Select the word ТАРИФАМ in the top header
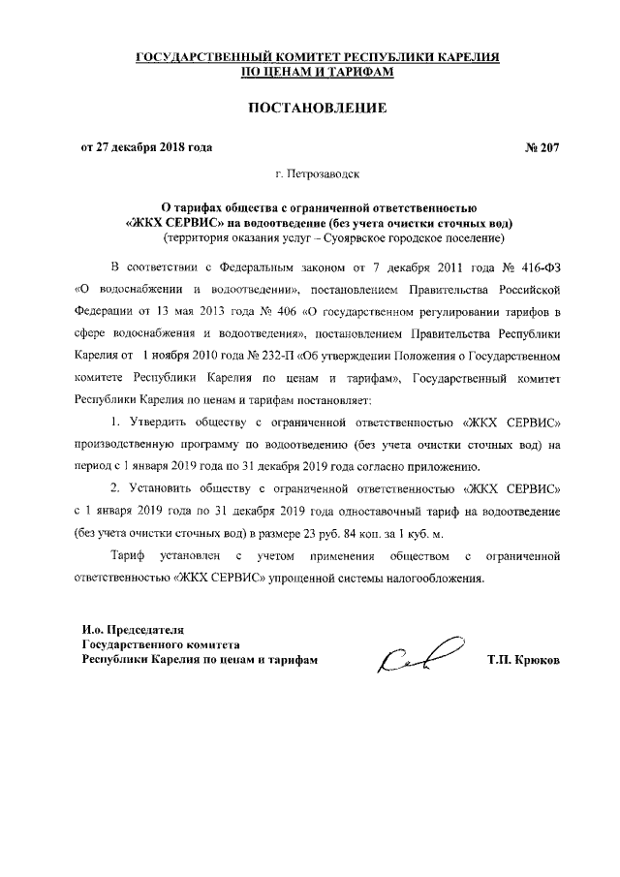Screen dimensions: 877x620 pyautogui.click(x=347, y=73)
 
